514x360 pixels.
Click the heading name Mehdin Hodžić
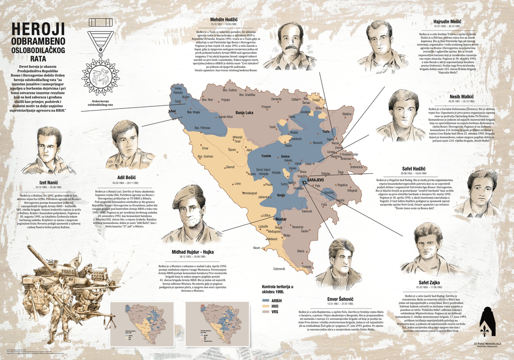click(x=223, y=20)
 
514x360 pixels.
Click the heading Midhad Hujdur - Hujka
click(x=193, y=251)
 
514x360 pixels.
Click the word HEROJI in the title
click(x=39, y=29)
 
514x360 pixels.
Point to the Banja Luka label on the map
click(x=244, y=113)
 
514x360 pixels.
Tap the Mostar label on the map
click(x=281, y=219)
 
